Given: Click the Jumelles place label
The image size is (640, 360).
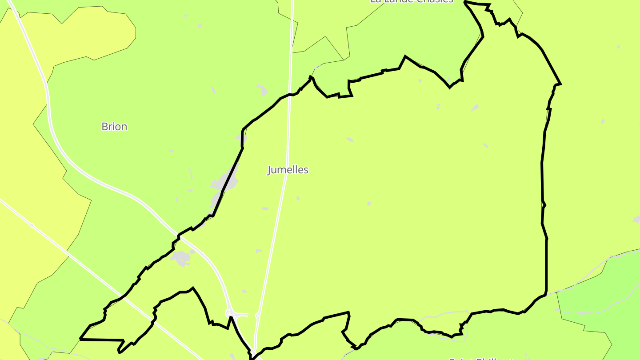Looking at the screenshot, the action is [288, 170].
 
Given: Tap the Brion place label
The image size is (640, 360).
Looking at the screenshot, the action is [114, 127].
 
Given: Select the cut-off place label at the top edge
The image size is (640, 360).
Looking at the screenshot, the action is [412, 1].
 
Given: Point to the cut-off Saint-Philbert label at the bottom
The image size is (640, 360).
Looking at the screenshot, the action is [480, 358].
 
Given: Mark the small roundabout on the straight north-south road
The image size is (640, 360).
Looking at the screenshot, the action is [257, 316].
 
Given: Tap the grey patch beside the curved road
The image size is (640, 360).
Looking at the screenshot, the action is [182, 257].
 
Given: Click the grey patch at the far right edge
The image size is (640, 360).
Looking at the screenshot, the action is [636, 219].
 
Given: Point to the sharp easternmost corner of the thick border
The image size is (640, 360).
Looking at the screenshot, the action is [560, 84].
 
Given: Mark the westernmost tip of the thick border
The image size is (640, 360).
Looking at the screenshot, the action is [80, 339].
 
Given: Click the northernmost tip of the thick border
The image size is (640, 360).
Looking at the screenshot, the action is [465, 2].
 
